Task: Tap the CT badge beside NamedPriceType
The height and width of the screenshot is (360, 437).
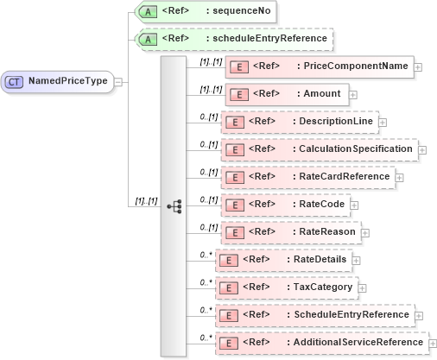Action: tap(16, 81)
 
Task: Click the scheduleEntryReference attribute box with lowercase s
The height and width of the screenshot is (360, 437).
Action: tap(230, 39)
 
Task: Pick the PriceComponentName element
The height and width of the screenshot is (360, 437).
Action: tap(319, 66)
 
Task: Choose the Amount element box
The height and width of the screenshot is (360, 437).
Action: tap(286, 93)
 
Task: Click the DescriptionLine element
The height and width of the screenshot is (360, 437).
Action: tap(298, 122)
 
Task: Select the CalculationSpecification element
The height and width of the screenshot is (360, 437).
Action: tap(318, 149)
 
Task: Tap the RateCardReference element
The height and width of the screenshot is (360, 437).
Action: tap(307, 177)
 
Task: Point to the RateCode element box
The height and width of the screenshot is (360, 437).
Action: tap(284, 205)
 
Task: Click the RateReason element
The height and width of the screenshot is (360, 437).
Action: tap(289, 231)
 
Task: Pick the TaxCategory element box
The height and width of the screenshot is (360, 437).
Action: tap(286, 287)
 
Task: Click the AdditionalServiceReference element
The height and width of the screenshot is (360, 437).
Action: tap(320, 342)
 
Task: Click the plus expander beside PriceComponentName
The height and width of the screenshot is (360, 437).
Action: tap(418, 66)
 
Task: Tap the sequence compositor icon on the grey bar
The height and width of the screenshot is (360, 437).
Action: tap(174, 205)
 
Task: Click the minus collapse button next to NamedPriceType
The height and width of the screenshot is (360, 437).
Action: tap(118, 82)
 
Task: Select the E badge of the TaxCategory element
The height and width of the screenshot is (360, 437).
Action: tap(229, 287)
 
